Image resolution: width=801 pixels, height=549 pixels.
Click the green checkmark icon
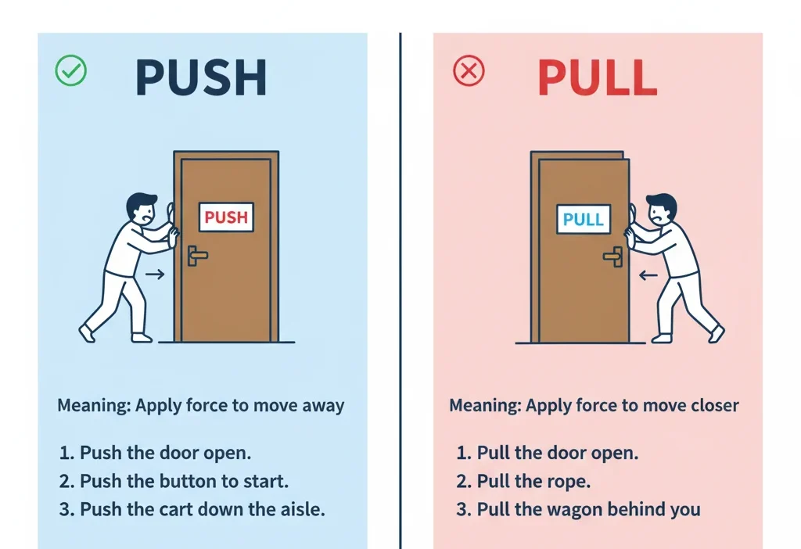coord(70,71)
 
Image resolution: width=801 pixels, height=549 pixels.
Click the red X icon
coord(469,72)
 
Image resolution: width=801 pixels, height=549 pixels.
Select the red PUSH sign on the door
coord(226,217)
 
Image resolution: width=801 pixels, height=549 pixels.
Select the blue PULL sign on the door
coord(584,219)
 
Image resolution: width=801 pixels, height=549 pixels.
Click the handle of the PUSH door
coord(196,254)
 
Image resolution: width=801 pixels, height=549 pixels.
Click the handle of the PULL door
coord(613,254)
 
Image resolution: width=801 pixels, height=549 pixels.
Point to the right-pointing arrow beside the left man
coord(155,274)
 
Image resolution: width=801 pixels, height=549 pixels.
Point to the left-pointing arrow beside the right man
coord(648,275)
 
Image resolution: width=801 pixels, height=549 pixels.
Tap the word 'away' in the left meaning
coord(321,406)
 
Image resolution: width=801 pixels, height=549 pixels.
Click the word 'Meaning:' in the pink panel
coord(485,406)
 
